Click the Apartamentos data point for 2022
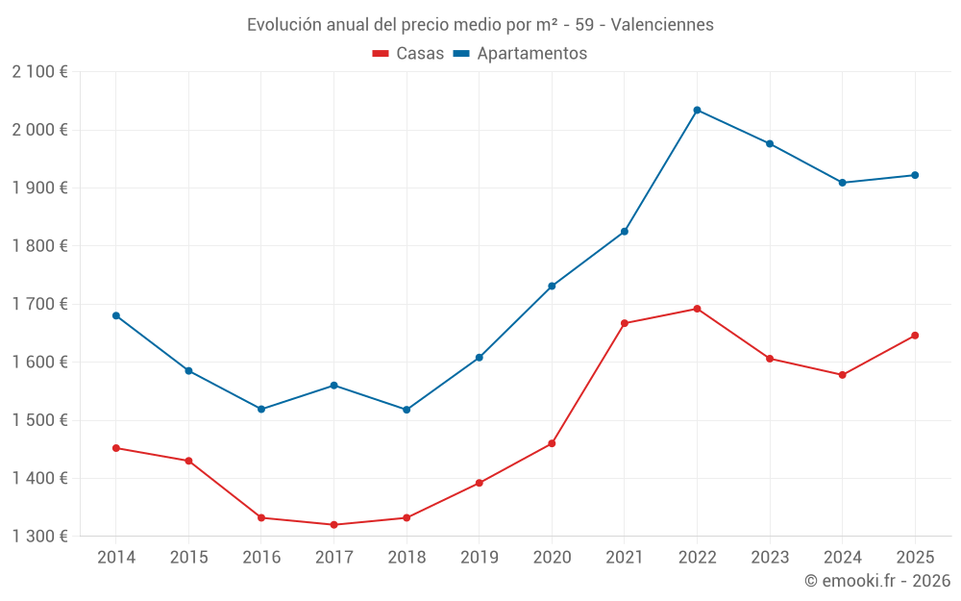697,110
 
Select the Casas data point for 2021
625,323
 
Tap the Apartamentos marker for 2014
116,315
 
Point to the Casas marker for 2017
333,525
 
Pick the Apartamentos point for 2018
407,410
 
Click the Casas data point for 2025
915,336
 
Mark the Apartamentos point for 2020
552,286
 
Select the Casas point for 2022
697,309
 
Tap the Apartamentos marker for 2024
843,183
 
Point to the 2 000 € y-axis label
39,130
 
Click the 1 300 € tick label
39,537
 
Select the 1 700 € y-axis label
39,304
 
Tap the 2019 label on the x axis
479,558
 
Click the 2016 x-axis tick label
261,558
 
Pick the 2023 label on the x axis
770,558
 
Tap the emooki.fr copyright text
877,581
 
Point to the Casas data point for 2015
188,461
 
